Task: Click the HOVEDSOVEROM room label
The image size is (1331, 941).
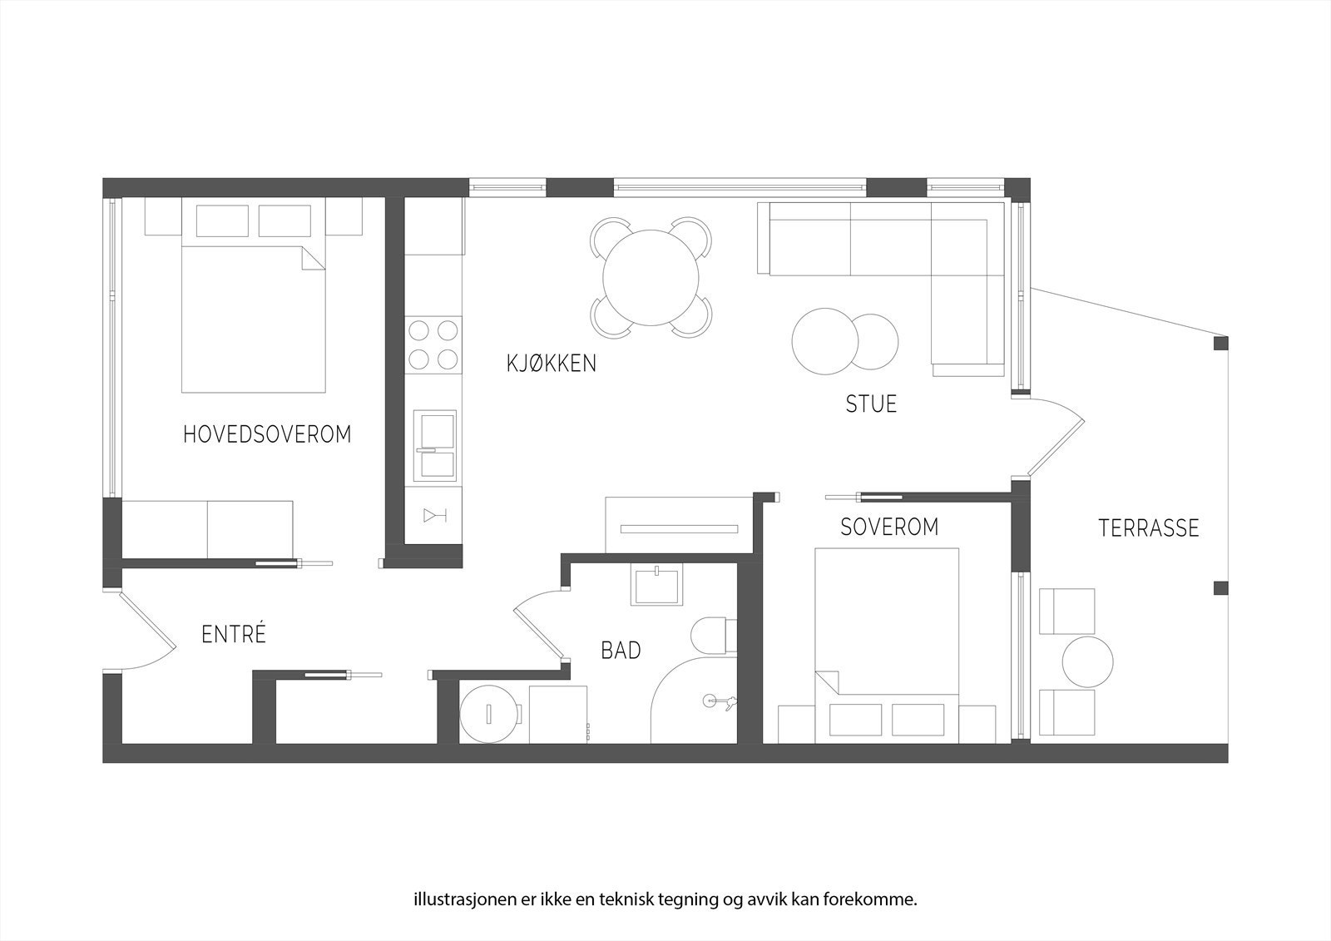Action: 267,434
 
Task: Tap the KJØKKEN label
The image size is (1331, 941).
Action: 552,364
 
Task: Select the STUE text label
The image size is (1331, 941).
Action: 871,404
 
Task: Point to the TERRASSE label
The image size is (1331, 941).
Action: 1149,528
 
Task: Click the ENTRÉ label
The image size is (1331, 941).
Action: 234,635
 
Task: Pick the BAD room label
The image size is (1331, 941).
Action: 621,651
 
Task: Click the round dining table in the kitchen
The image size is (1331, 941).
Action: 651,277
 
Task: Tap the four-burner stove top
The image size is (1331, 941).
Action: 433,344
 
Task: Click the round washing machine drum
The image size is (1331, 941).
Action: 489,713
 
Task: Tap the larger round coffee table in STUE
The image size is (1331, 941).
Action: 825,341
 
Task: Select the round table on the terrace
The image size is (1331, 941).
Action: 1086,661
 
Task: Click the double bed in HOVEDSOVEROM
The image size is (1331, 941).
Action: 253,319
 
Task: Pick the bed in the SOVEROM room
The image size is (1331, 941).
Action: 887,632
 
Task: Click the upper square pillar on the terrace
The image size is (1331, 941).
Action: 1220,343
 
